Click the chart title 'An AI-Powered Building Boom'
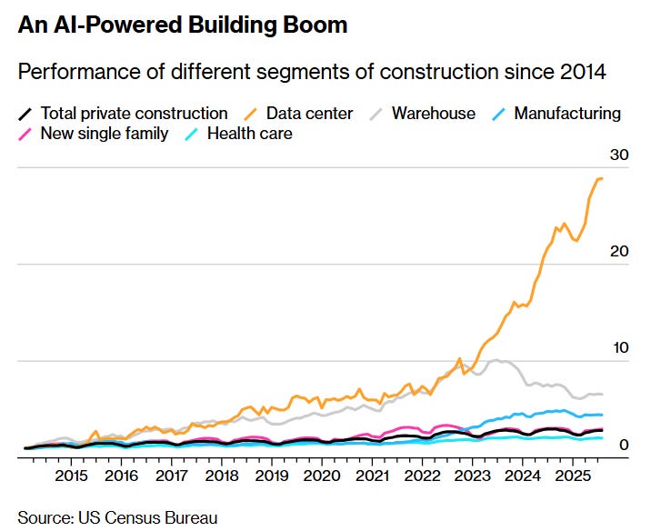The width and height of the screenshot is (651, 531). tap(182, 25)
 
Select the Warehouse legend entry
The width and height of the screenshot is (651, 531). tap(433, 114)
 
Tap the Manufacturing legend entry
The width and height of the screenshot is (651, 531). tap(566, 114)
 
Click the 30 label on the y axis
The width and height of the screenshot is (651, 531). tap(619, 155)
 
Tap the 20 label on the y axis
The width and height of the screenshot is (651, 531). tap(619, 252)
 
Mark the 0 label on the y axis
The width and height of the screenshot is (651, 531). tap(625, 445)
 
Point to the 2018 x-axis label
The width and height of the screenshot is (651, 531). tap(221, 476)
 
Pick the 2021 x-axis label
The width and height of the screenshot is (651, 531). tap(372, 476)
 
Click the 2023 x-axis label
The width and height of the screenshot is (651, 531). tap(472, 476)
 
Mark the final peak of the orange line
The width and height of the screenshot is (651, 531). tap(600, 178)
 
